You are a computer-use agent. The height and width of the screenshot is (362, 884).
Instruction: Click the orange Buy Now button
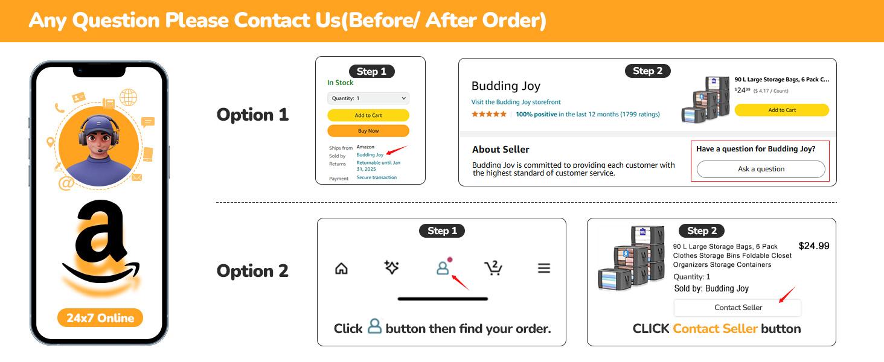pos(368,130)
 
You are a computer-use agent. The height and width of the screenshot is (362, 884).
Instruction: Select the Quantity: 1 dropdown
pos(368,98)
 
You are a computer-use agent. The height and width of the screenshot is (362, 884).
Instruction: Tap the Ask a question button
pos(761,169)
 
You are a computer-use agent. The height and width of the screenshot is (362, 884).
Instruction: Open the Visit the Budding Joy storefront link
pos(516,102)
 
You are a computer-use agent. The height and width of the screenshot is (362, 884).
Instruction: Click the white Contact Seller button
pos(738,308)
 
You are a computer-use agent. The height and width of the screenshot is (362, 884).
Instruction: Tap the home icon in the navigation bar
pos(341,268)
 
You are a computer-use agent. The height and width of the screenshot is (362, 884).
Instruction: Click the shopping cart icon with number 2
pos(493,268)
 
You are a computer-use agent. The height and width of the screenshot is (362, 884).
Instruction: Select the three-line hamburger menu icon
pos(544,268)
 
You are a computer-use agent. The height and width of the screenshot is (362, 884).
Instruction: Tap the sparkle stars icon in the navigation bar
pos(391,267)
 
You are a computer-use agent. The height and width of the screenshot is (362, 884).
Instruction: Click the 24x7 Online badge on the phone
pos(100,318)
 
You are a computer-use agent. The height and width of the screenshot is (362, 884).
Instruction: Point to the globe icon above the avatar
pos(128,97)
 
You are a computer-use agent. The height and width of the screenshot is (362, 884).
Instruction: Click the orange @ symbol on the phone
pos(66,183)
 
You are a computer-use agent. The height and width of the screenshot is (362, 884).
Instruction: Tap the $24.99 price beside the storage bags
pos(814,246)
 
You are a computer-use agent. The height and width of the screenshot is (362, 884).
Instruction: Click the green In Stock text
pos(340,83)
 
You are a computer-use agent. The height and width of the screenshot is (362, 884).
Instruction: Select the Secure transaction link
pos(377,177)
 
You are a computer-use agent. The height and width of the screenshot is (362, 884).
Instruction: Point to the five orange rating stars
pos(489,114)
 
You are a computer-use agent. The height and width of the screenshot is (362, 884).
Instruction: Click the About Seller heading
pos(501,150)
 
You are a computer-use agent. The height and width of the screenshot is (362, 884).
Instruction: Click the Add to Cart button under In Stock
pos(368,115)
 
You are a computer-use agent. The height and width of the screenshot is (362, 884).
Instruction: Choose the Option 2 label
pos(252,271)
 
